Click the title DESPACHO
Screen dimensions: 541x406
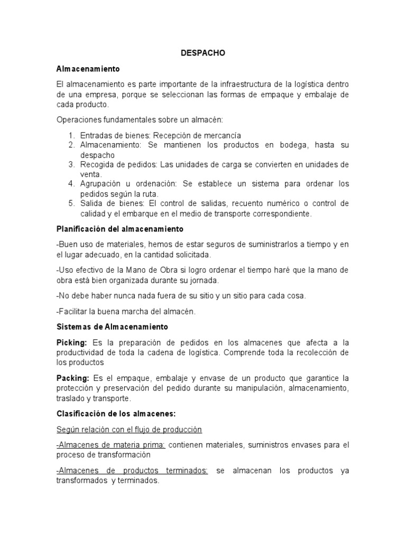click(203, 53)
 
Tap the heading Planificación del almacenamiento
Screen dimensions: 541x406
click(119, 229)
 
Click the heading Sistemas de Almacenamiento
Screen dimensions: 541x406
click(112, 327)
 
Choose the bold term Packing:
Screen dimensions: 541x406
click(73, 378)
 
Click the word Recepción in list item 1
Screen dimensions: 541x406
click(181, 135)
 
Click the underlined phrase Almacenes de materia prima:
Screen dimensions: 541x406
click(110, 445)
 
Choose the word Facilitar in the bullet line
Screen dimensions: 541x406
click(75, 311)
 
